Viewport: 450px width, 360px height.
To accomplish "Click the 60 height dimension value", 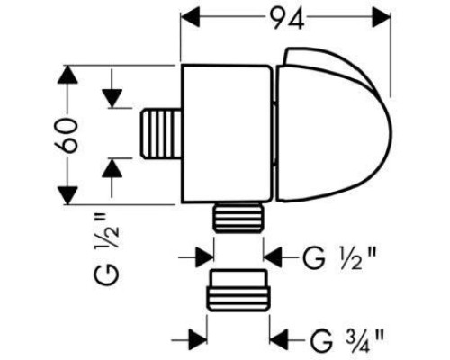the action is click(67, 136).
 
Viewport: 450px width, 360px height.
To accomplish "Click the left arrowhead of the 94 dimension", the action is click(191, 17).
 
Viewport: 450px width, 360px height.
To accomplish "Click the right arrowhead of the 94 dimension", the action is click(381, 17).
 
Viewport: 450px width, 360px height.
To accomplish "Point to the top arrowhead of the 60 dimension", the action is click(67, 74).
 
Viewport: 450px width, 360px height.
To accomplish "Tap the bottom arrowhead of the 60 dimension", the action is click(67, 195).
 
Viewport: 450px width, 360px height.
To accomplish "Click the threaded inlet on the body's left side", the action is click(161, 133).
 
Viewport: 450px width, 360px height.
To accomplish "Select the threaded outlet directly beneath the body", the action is click(238, 217).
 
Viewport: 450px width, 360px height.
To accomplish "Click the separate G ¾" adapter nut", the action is click(238, 291).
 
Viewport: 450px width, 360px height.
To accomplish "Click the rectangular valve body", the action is click(227, 133).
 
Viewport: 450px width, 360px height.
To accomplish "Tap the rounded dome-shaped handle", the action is click(333, 124).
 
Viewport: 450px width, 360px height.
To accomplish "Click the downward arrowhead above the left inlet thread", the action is click(112, 99).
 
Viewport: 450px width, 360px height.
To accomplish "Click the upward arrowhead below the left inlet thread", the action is click(112, 168).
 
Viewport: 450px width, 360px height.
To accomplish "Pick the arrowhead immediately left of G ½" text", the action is click(273, 257).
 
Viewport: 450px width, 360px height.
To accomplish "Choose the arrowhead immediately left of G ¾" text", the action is click(279, 340).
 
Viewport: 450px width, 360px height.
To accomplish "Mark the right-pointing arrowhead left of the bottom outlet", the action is click(205, 257).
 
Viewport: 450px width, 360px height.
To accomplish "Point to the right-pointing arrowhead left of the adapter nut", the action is click(198, 340).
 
